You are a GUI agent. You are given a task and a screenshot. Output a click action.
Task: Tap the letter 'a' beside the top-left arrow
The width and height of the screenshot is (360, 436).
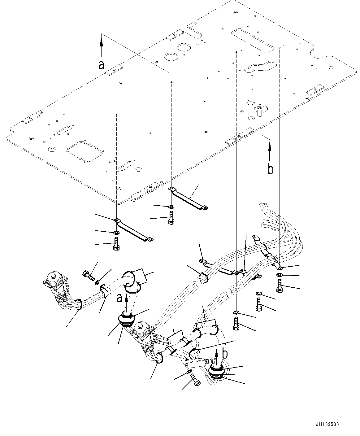pyautogui.click(x=101, y=65)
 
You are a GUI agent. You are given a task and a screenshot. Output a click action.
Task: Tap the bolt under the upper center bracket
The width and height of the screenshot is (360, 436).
pyautogui.click(x=171, y=219)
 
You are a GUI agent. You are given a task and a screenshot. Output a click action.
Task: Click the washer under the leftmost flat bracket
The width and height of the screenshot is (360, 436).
pyautogui.click(x=116, y=233)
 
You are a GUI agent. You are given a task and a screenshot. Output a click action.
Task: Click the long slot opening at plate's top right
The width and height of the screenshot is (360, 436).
pyautogui.click(x=253, y=40)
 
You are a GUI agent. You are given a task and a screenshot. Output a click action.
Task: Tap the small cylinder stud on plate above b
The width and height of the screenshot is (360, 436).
pyautogui.click(x=259, y=111)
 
